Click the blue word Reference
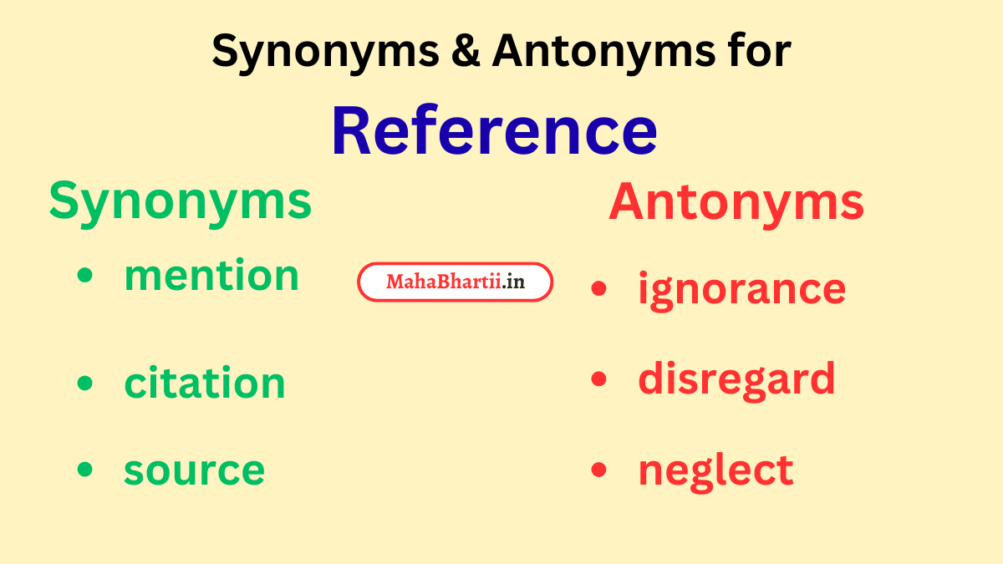coord(494,131)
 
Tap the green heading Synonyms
coord(180,201)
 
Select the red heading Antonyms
coord(736,202)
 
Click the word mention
coord(211,276)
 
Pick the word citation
coord(205,383)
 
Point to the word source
coord(194,470)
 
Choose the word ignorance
coord(741,289)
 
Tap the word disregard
coord(736,379)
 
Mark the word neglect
coord(715,470)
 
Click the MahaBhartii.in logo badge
coord(456,282)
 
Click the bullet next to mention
coord(84,277)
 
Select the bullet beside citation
coord(84,383)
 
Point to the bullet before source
coord(84,470)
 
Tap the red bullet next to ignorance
coord(598,289)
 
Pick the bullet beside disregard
coord(598,379)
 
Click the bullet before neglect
coord(598,470)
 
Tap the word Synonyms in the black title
coord(325,53)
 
